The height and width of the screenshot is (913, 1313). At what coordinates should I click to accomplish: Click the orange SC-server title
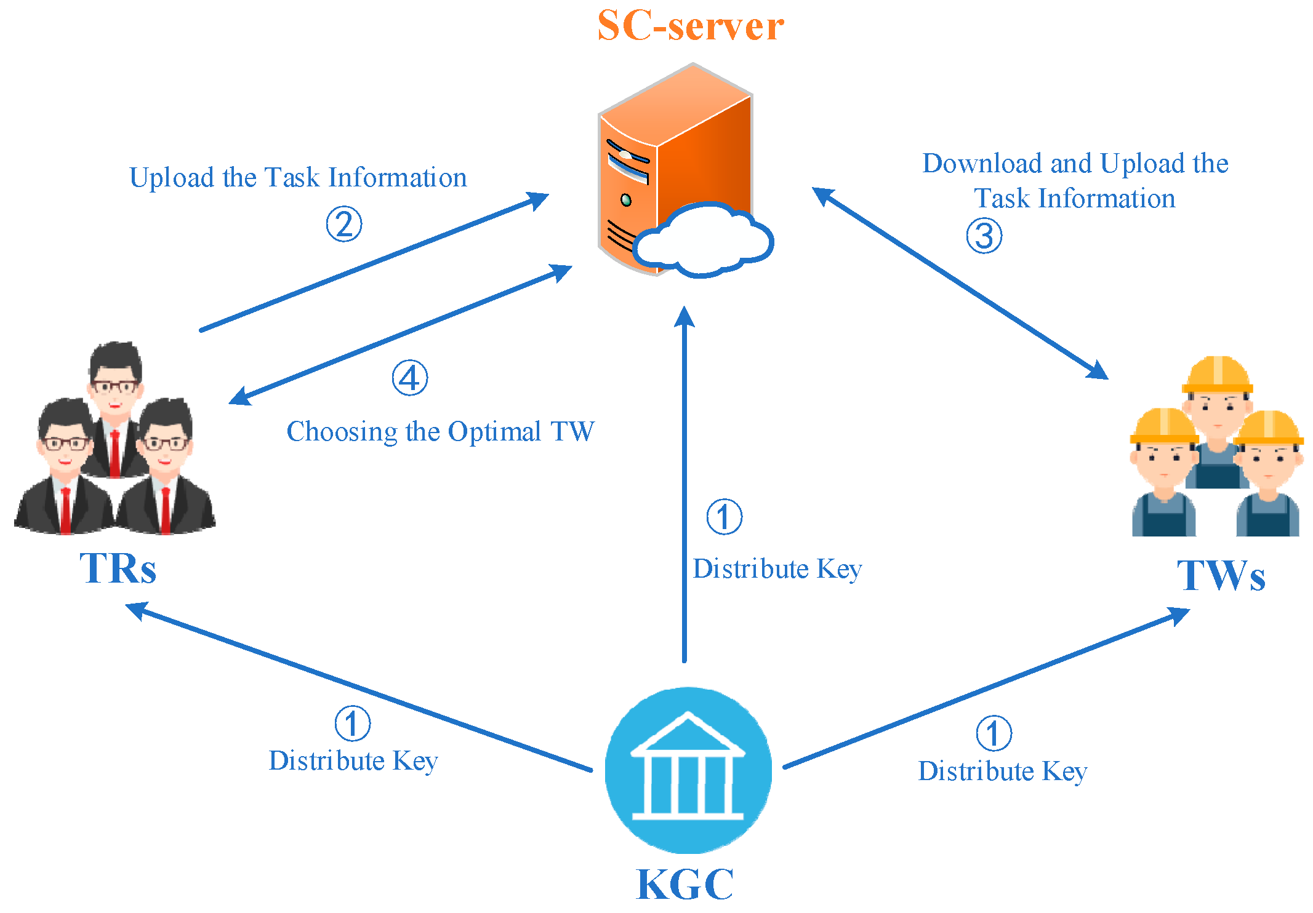pos(690,26)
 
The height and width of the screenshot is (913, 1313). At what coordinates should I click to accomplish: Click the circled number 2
pos(343,224)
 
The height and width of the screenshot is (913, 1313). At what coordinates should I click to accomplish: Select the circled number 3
pos(984,236)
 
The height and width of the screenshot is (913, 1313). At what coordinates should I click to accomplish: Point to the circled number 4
pos(410,378)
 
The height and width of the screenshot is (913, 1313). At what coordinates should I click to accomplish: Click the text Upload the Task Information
pos(298,178)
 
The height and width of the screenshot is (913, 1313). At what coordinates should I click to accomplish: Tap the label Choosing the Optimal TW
pos(440,431)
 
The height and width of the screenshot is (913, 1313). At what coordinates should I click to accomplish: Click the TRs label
pos(118,568)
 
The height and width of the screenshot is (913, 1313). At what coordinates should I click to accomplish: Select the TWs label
pos(1221,576)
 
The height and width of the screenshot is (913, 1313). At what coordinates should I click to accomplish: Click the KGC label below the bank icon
pos(685,885)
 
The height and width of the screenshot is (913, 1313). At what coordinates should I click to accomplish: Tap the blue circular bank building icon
pos(688,770)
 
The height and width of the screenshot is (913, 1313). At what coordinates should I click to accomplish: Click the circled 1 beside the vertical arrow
pos(724,517)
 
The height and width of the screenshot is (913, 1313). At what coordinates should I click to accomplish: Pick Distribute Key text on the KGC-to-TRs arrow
pos(353,761)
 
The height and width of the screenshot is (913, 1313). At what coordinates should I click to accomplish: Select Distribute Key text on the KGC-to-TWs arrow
pos(1002,771)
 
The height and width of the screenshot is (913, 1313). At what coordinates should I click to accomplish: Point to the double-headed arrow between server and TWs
pos(960,283)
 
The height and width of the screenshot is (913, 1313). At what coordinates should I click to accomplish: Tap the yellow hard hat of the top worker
pos(1217,374)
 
